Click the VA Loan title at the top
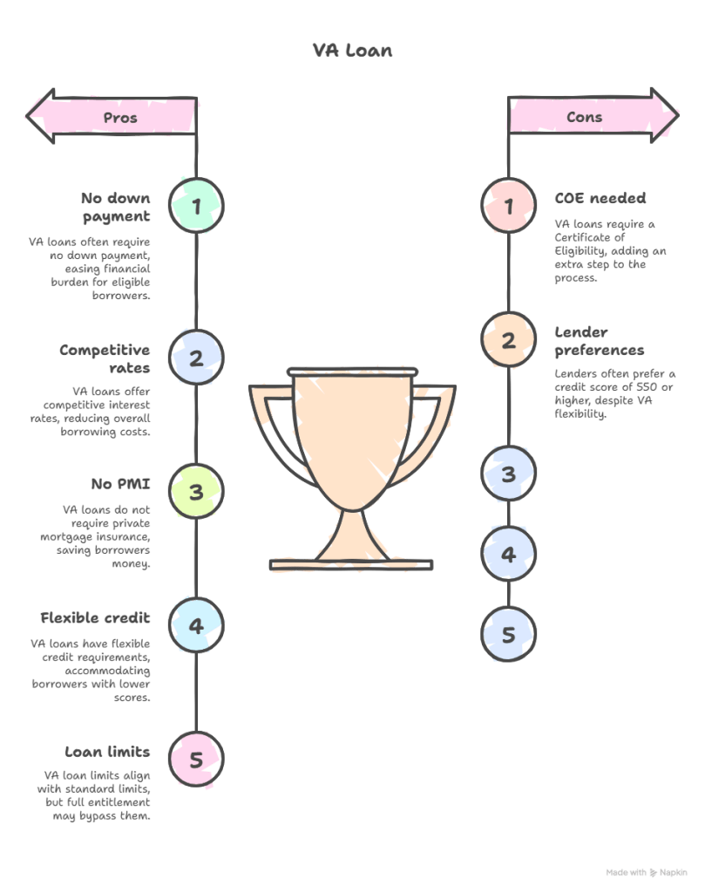coord(352,51)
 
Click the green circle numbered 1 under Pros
coord(196,206)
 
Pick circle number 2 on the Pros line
coord(196,358)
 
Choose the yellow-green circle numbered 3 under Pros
coord(196,492)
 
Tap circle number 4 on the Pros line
coord(196,625)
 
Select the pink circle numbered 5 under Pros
coord(196,760)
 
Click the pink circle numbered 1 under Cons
coord(508,206)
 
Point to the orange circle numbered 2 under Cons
coord(508,340)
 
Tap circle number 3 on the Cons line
coord(508,474)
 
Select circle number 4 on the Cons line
coord(508,555)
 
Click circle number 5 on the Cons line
coord(508,634)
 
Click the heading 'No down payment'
coord(118,207)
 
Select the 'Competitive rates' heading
coord(105,358)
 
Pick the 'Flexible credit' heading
coord(96,617)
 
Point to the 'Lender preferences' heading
coord(600,340)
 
